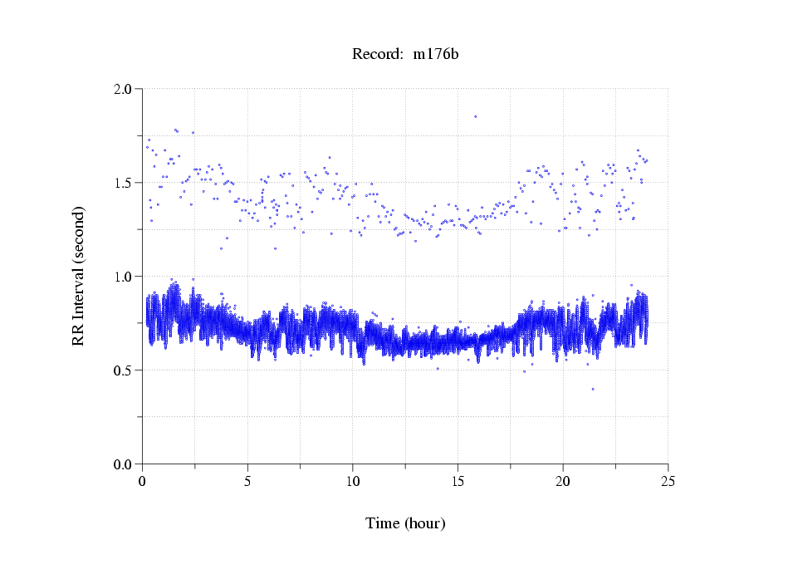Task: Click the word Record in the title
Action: pos(374,55)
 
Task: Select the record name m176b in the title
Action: pos(436,55)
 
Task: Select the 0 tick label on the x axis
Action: pos(143,481)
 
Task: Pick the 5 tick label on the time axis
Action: pos(247,481)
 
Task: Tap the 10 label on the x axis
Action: pos(353,481)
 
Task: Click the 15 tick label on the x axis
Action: pos(458,481)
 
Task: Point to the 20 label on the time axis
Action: pos(563,481)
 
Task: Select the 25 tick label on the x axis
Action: pos(668,481)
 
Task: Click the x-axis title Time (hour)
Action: pos(405,524)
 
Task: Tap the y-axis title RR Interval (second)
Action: pos(79,276)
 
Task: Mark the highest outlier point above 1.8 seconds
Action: pos(475,116)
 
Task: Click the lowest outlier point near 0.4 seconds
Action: pos(593,389)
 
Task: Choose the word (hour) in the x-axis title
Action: pos(424,524)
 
